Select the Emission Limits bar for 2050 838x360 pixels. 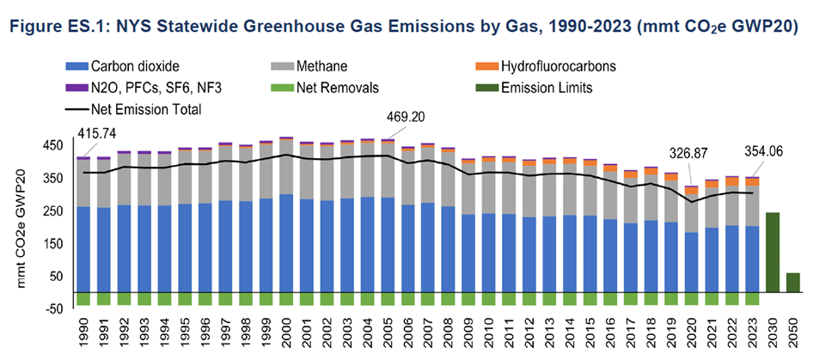pos(792,283)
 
